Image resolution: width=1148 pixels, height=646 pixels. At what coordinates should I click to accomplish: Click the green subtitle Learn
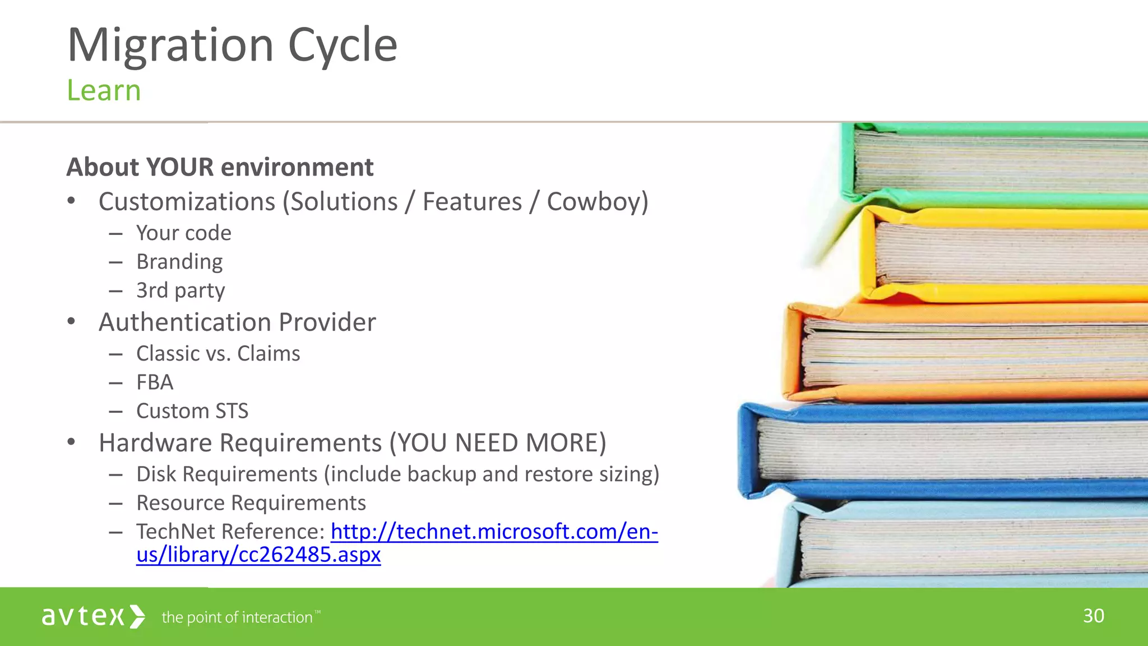point(104,91)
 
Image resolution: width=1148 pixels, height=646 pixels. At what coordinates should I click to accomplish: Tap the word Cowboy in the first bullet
point(594,202)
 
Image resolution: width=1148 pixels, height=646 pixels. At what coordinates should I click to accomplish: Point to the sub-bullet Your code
point(183,233)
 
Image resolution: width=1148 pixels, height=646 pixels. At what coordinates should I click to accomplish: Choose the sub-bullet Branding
point(179,262)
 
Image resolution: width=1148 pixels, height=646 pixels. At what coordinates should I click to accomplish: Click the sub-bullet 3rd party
point(180,290)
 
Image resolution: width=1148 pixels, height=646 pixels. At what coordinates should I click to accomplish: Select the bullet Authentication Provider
point(237,322)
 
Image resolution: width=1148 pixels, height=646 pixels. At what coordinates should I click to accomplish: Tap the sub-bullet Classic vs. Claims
point(218,354)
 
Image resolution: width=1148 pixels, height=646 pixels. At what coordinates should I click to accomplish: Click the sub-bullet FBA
point(155,382)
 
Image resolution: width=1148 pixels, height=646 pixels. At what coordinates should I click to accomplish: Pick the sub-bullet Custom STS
point(192,411)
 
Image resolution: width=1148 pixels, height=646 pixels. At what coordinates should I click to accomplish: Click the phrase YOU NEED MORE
point(498,443)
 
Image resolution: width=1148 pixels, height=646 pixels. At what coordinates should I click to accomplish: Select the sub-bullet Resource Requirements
point(251,503)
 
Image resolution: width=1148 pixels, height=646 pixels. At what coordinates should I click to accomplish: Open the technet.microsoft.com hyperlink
point(493,532)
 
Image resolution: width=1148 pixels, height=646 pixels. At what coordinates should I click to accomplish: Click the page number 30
point(1093,616)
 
